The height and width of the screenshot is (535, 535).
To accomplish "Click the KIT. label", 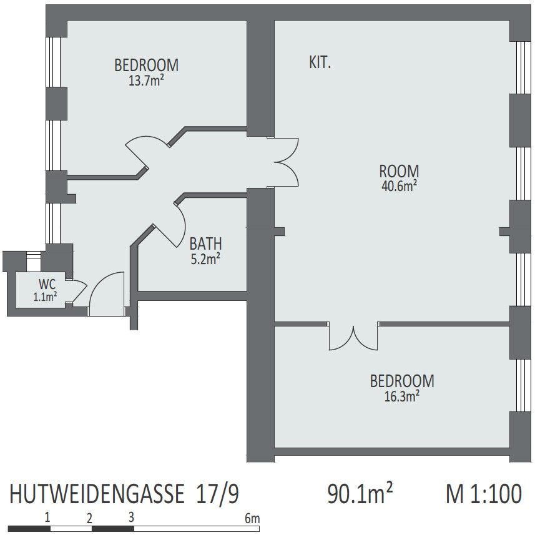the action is [320, 62].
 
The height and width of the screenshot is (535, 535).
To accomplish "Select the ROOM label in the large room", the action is [399, 171].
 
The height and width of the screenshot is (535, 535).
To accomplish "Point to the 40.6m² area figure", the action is [399, 186].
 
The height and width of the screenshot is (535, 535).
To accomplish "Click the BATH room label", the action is [206, 244].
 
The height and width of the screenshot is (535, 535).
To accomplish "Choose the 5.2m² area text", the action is [205, 259].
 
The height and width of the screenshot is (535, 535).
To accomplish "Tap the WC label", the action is [47, 284].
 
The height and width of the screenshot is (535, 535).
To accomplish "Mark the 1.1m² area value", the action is [45, 297].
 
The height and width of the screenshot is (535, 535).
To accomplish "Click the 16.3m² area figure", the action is [402, 396].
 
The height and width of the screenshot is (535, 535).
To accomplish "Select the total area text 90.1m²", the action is [360, 493].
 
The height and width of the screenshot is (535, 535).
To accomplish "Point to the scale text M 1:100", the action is [484, 493].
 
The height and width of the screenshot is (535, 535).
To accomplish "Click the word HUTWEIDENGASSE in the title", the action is [97, 494].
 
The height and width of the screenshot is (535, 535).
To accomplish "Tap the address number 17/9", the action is [217, 494].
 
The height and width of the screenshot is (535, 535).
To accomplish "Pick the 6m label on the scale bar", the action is [252, 519].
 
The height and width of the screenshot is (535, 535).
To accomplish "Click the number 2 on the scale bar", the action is [89, 519].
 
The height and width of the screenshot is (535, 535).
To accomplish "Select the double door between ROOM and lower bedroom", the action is [353, 336].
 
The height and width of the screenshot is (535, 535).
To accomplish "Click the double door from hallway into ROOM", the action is [287, 162].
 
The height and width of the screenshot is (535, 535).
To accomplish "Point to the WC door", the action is [79, 291].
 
